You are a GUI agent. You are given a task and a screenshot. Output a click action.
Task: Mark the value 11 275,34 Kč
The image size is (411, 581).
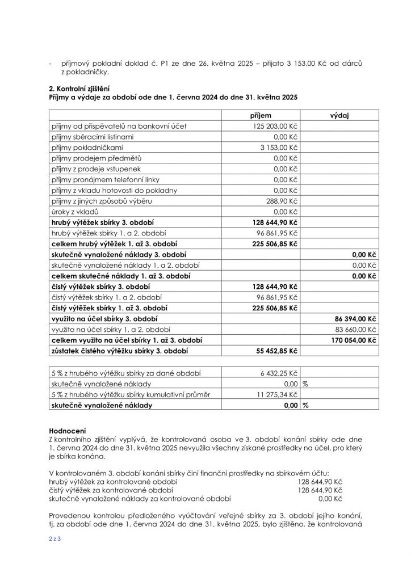click(x=276, y=394)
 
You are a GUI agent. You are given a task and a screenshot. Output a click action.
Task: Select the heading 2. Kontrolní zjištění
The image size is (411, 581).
click(x=79, y=89)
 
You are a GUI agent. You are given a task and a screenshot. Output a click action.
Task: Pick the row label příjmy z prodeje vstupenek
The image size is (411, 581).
click(x=91, y=169)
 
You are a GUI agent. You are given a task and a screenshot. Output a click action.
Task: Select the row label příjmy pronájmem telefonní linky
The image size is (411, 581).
click(x=98, y=179)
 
